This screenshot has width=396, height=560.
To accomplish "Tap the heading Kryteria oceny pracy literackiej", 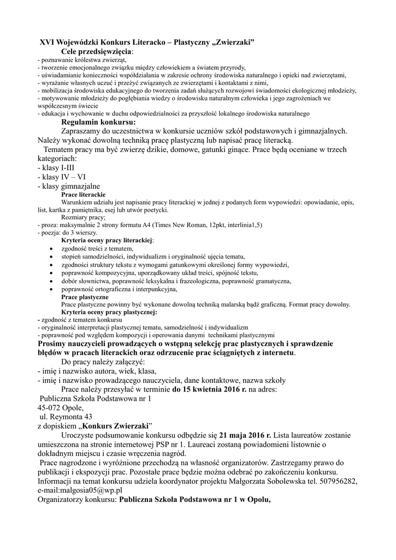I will click(107, 240).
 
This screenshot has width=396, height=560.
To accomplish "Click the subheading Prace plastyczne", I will click(85, 296).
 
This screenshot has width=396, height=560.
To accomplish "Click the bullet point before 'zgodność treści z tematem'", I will click(51, 248).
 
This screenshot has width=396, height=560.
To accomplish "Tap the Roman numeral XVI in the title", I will click(49, 42).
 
